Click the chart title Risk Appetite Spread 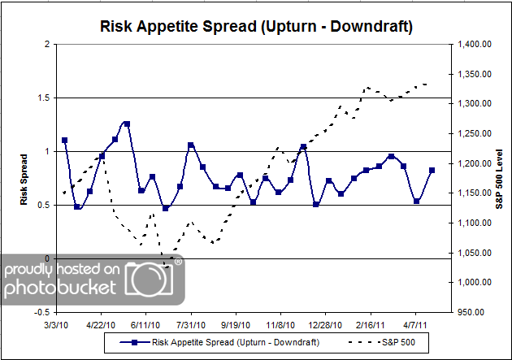point(256,27)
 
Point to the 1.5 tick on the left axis point(44,98)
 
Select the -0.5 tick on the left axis point(42,312)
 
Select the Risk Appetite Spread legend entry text point(228,342)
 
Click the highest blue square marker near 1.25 point(127,124)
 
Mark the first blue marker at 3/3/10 point(64,141)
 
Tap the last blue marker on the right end point(432,171)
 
